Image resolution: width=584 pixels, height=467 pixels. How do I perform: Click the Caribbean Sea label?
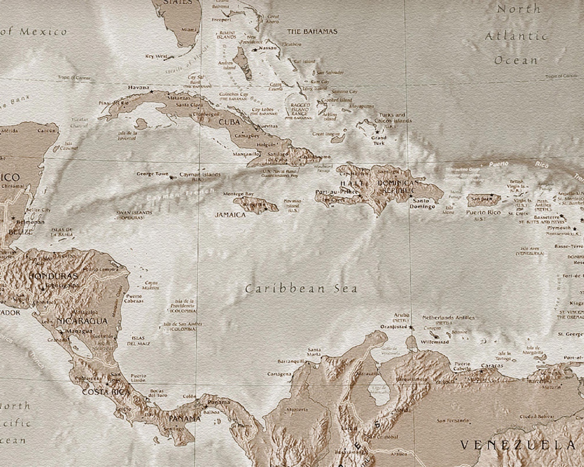(x=301, y=289)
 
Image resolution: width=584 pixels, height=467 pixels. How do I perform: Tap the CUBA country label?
(x=229, y=122)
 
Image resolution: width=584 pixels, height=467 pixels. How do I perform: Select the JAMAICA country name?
(x=230, y=214)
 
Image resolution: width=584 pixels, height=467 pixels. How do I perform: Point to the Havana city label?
(x=139, y=88)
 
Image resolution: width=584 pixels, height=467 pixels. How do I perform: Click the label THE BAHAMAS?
(x=312, y=31)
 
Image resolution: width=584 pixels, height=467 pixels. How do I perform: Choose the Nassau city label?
(x=267, y=48)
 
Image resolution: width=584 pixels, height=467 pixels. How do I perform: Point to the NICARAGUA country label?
(x=83, y=321)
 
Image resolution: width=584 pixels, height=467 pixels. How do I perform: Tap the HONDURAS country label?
(x=53, y=276)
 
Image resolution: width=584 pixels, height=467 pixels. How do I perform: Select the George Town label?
(x=150, y=174)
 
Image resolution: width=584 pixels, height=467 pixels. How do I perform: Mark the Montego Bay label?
(x=238, y=194)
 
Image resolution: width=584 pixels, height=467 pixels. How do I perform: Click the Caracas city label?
(x=492, y=365)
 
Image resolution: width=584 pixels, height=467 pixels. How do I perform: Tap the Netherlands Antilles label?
(x=448, y=317)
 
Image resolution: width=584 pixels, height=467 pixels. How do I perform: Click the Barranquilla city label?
(x=291, y=361)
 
